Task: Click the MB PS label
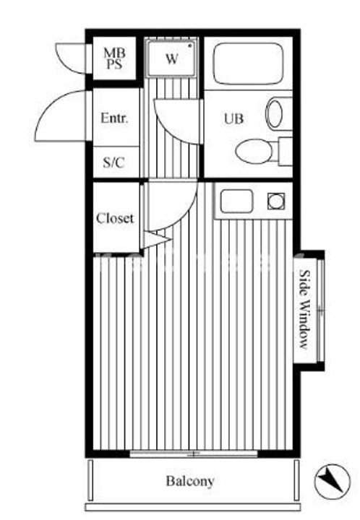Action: tap(113, 57)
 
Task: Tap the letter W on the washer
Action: tap(171, 59)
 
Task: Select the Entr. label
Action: tap(113, 118)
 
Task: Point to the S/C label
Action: tap(113, 162)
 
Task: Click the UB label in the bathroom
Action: tap(233, 118)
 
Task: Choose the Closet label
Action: tap(115, 218)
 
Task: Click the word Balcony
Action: tap(190, 480)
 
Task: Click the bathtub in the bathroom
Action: tap(248, 64)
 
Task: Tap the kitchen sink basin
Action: tap(236, 201)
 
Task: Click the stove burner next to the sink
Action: tap(275, 201)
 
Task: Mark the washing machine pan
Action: tap(171, 58)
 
